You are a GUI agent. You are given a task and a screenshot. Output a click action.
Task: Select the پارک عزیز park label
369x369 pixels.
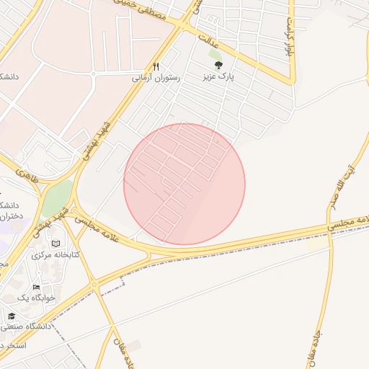pos(219,75)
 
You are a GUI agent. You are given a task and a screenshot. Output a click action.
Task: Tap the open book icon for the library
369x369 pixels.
pos(55,244)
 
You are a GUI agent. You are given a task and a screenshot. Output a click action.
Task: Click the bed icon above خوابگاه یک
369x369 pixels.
pos(36,287)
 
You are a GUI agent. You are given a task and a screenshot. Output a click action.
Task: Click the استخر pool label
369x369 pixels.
pos(10,344)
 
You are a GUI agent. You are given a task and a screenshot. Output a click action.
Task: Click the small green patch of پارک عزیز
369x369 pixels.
pos(215,53)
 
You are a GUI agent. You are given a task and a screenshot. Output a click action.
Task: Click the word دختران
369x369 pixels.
pos(9,215)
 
